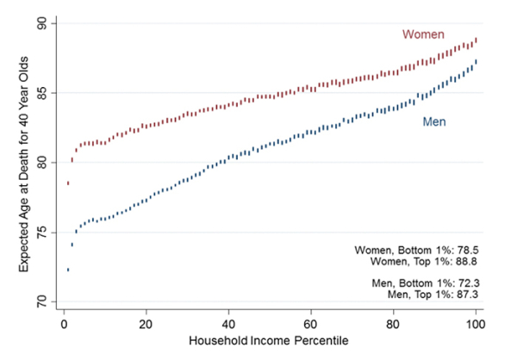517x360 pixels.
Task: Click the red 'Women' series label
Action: [423, 34]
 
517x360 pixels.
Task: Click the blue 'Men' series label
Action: [433, 122]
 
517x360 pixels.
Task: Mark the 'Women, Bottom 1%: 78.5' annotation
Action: [414, 250]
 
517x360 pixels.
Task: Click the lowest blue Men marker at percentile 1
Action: [68, 270]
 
